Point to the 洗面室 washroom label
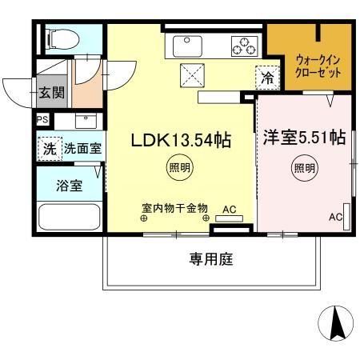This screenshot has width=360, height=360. (82, 148)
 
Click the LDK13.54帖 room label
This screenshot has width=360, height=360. (181, 141)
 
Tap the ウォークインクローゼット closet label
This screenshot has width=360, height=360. (318, 65)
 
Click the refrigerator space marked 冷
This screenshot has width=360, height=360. (266, 78)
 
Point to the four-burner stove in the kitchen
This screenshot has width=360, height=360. (244, 46)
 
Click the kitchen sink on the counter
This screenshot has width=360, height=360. (178, 46)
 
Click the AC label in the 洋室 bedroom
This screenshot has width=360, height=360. (335, 217)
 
